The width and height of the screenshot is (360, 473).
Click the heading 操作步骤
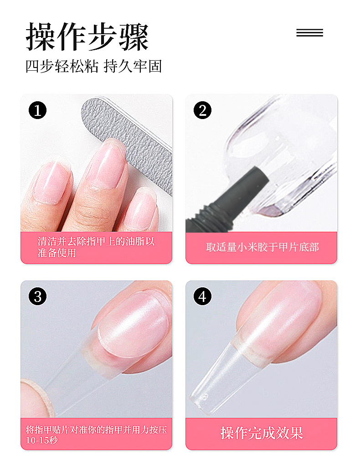point(87,37)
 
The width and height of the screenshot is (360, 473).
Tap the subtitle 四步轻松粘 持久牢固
point(94,66)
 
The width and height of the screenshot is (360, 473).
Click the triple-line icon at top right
point(309,32)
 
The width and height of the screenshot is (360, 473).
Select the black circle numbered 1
point(38,110)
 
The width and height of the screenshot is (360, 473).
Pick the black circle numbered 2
point(202,110)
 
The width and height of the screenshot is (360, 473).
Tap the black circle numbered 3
point(38,296)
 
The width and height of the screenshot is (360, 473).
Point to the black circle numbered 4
point(202,296)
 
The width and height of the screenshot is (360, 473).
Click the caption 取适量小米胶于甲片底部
point(262,247)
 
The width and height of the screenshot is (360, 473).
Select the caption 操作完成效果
point(262,433)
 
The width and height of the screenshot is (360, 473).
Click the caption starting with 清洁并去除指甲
point(96,247)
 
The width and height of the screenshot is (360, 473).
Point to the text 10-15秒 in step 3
point(41,441)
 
